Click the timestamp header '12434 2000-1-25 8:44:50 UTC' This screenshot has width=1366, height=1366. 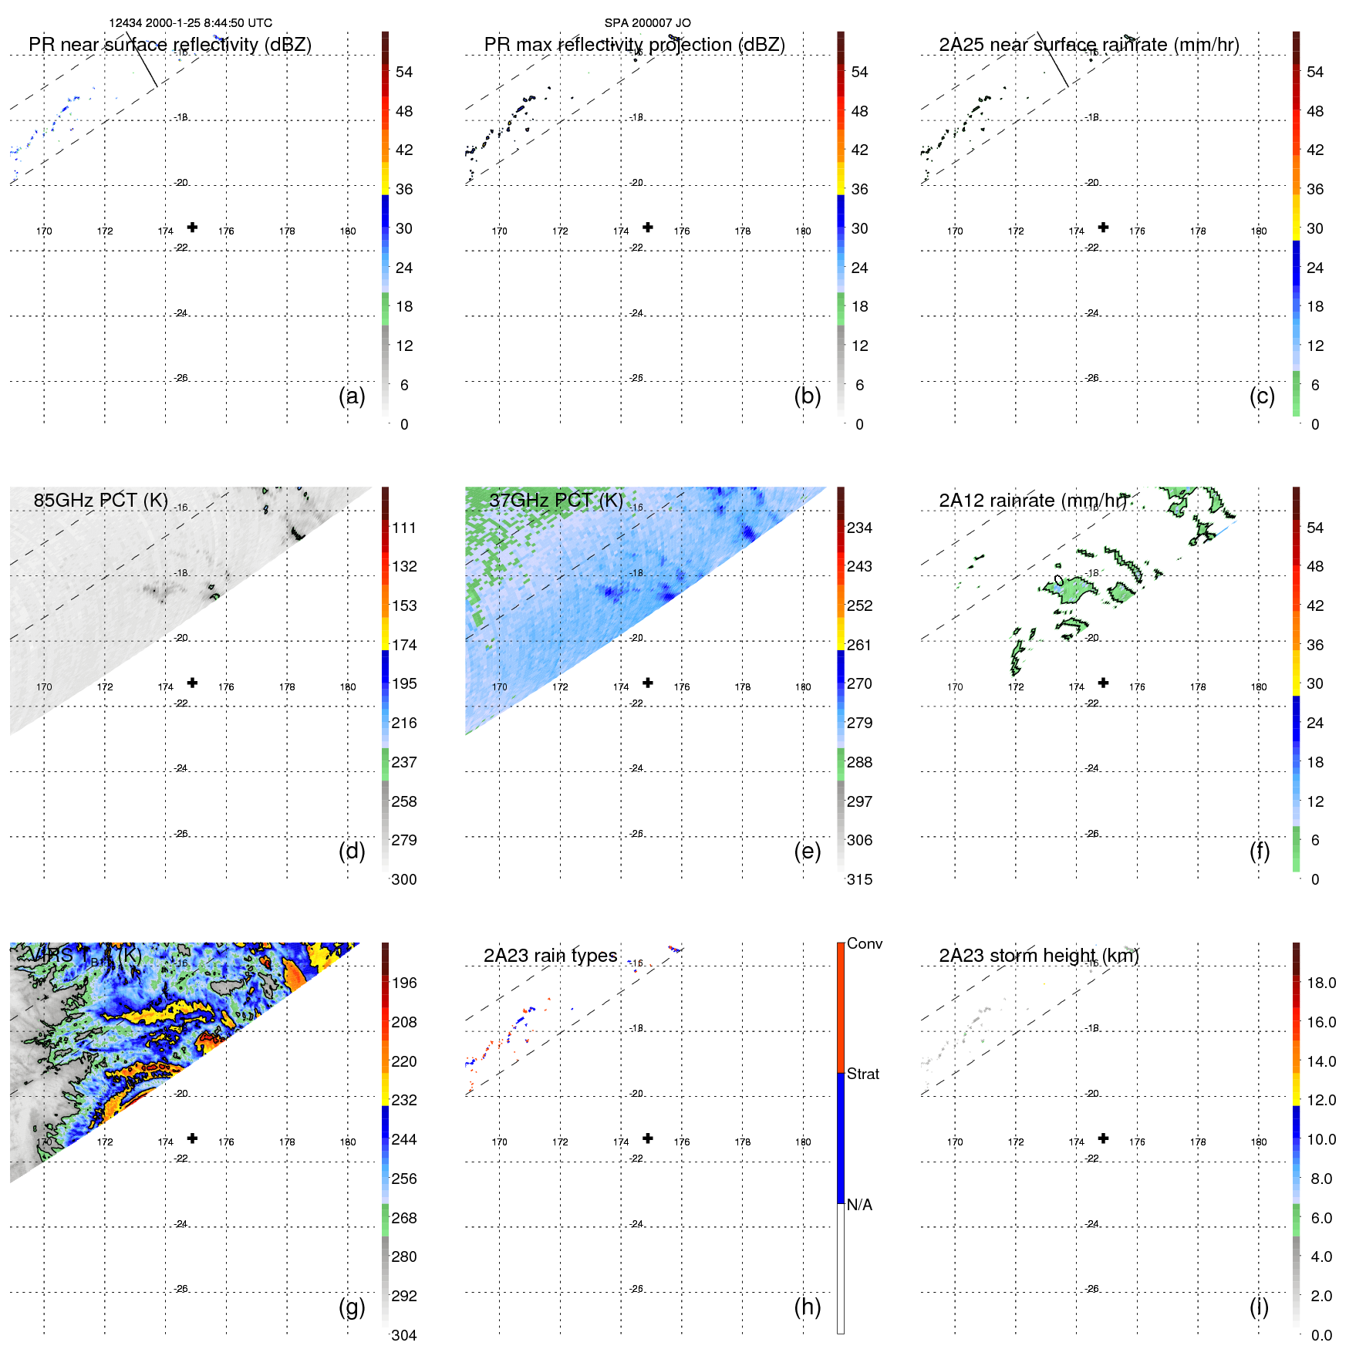tap(190, 23)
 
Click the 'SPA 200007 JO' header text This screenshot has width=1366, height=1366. tap(647, 23)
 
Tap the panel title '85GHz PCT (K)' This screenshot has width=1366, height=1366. tap(100, 500)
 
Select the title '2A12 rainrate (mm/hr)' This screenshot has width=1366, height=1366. tap(1033, 500)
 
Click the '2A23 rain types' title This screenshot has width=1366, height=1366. tap(550, 955)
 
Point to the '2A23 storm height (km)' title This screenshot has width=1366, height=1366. tap(1038, 955)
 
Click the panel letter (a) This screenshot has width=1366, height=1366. tap(352, 396)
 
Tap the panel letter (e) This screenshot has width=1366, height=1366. tap(807, 851)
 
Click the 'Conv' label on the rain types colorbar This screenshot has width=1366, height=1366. tap(864, 943)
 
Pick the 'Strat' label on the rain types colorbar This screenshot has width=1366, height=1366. tap(862, 1074)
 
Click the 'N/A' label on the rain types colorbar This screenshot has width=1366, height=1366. tap(859, 1205)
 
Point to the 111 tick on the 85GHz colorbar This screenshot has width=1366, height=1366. tap(404, 528)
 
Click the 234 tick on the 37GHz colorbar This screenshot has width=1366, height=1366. tap(859, 528)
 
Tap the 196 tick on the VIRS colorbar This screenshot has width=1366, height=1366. tap(404, 983)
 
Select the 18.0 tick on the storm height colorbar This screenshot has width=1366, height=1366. tap(1320, 983)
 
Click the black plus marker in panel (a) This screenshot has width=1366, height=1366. tap(192, 227)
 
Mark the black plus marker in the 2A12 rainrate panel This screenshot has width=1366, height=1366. tap(1103, 683)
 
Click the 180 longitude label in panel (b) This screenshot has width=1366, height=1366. tap(803, 231)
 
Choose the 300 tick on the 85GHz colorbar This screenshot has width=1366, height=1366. tap(404, 879)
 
